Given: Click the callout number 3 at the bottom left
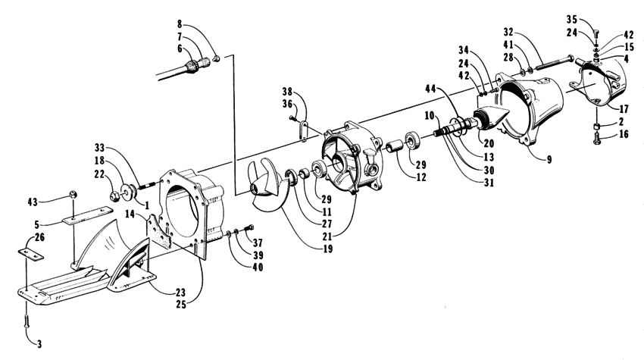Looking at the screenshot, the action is tap(39, 344).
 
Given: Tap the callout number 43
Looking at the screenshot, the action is tap(33, 202).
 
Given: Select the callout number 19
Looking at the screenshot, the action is tap(328, 249).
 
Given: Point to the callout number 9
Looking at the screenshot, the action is tap(549, 159).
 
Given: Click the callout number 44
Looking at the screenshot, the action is tap(430, 89).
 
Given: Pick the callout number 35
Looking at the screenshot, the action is tap(572, 19).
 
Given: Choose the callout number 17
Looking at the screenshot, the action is tap(624, 109).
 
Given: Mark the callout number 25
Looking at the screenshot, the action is tap(181, 305).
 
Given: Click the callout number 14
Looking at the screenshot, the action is tap(130, 214).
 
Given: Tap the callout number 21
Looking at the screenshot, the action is tap(327, 236).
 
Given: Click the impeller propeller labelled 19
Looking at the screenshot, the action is tap(266, 186).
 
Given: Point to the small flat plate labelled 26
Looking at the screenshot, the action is tap(31, 255).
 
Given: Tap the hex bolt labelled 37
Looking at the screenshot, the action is tap(249, 227).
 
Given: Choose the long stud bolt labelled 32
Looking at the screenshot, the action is tap(550, 63).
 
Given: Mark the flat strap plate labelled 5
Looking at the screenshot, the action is tap(88, 216).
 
